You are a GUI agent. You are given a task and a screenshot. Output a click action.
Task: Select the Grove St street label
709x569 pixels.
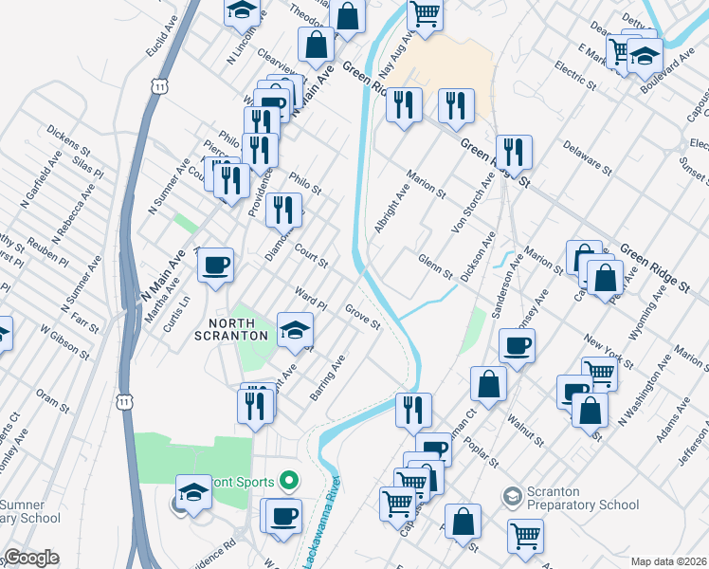click(x=362, y=317)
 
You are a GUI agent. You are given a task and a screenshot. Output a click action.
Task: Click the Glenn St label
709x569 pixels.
click(x=435, y=266)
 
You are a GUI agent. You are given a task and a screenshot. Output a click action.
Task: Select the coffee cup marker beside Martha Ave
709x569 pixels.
click(x=216, y=264)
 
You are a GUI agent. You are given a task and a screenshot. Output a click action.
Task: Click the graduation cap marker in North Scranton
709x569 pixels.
click(x=295, y=330)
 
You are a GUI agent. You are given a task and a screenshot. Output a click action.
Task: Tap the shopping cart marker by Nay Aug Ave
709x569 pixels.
click(x=426, y=14)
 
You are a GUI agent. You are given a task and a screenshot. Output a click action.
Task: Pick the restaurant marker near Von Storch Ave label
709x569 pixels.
click(x=513, y=151)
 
